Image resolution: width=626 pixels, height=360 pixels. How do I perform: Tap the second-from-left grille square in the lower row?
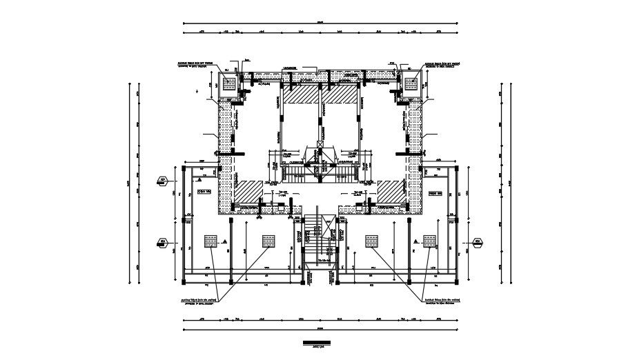point(268,241)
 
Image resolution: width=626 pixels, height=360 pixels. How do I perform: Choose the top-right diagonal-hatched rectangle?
point(341,94)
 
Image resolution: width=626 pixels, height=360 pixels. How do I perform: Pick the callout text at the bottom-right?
point(456,303)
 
